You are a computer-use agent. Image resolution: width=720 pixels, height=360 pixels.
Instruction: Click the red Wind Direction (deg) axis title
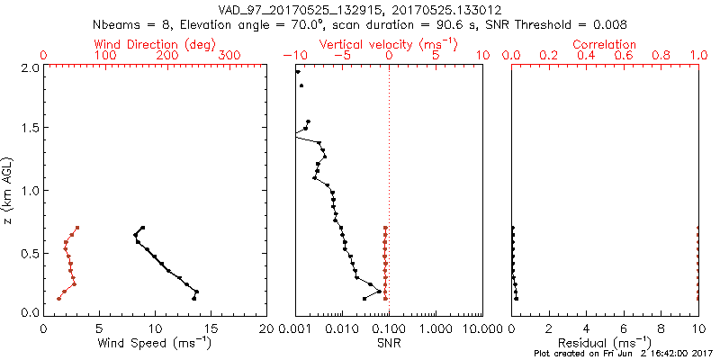(x=156, y=44)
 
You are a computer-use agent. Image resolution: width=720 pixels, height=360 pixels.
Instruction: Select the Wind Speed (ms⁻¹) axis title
(x=156, y=342)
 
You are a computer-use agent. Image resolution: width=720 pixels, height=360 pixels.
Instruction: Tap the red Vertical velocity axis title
(x=389, y=44)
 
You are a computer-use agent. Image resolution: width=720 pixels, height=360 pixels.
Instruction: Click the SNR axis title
(x=389, y=342)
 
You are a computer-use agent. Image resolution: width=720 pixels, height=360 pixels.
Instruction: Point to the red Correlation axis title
(x=605, y=44)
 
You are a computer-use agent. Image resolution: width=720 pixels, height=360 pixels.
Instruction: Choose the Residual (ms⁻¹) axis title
(x=605, y=342)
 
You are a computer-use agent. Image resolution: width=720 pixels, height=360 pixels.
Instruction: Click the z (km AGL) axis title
(x=9, y=189)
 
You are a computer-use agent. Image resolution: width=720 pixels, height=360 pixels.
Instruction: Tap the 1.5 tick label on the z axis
(x=30, y=129)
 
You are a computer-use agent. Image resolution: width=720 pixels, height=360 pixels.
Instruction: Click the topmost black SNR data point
(x=298, y=72)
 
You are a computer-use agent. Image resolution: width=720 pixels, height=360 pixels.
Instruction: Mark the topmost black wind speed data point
(x=142, y=228)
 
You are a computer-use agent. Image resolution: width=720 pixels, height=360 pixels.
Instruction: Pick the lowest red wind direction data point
(x=58, y=298)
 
